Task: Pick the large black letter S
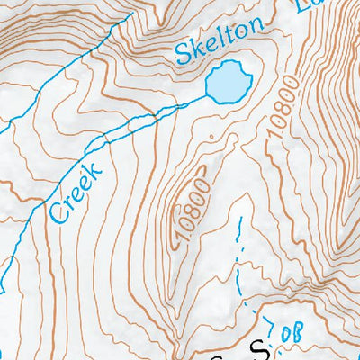[260, 348]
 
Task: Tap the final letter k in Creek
[95, 165]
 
